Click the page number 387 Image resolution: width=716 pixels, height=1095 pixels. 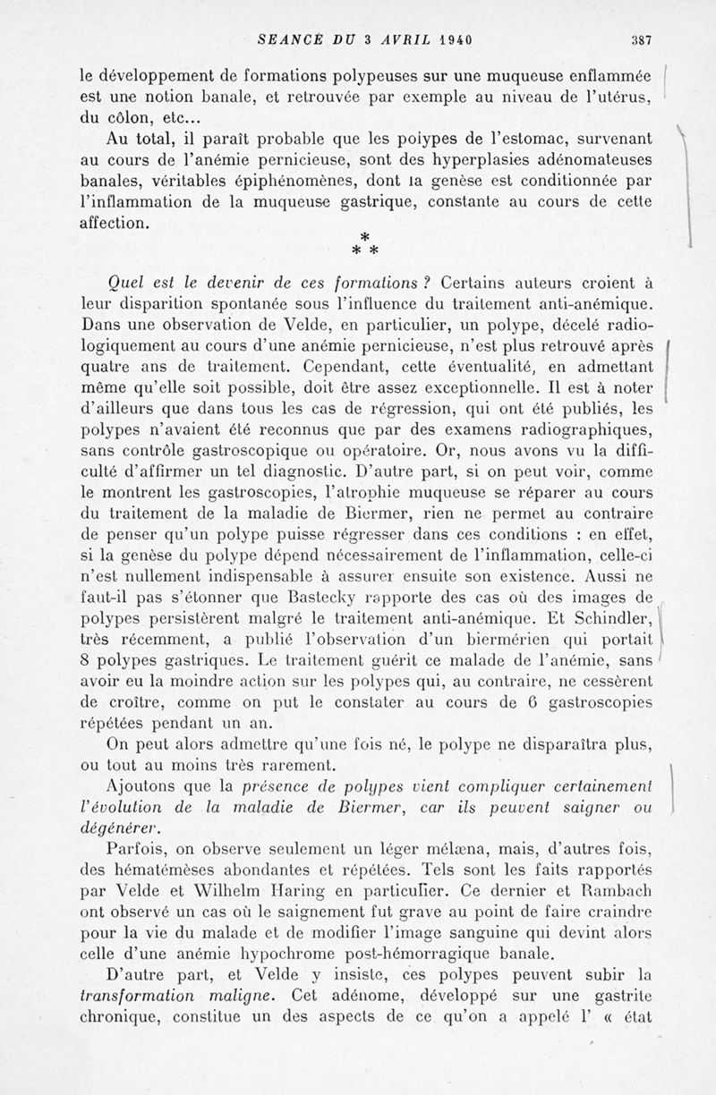click(641, 39)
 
